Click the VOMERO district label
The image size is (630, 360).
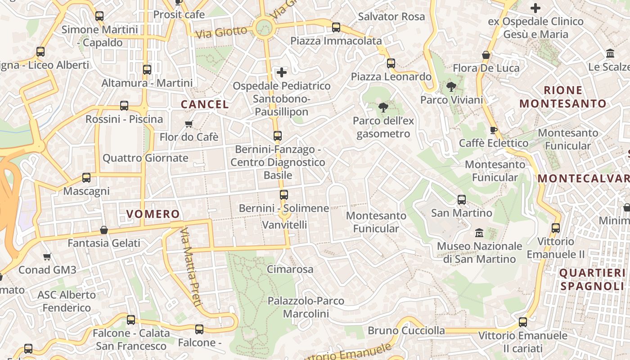coord(153,214)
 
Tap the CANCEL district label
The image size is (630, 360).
coord(205,104)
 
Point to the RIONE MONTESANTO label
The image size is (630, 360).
coord(563,97)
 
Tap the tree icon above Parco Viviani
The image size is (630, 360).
coord(451,87)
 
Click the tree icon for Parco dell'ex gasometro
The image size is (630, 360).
coord(383,108)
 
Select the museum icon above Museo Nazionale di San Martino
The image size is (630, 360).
coord(479,233)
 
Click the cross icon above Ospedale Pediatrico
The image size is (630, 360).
coord(282,72)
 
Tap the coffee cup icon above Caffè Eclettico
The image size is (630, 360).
coord(494,130)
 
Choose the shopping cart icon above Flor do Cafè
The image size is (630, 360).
coord(189,124)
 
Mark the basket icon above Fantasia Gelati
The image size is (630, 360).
coord(104,230)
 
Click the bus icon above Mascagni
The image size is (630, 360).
coord(86,178)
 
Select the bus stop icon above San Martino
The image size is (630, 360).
coord(462,200)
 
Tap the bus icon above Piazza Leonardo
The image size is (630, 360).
coord(391,63)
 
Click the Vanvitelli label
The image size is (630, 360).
coord(284,224)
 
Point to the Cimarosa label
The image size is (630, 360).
coord(290,269)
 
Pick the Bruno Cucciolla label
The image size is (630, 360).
coord(406,330)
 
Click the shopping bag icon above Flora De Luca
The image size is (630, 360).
coord(486,55)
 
